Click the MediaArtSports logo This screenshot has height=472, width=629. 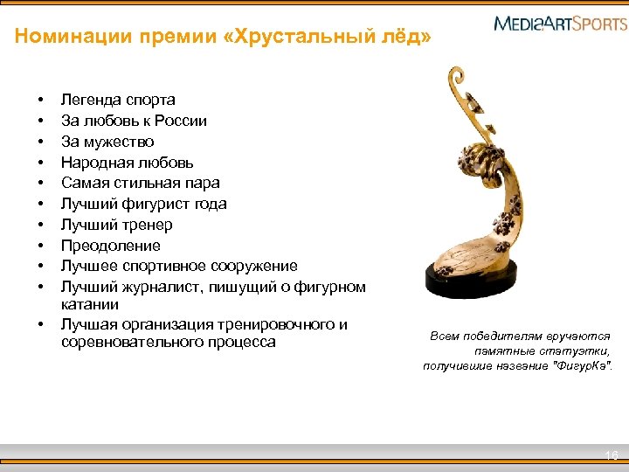point(560,23)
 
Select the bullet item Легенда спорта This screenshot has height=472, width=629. point(118,100)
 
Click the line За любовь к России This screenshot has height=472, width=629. point(134,121)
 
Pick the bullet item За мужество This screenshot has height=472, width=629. point(107,142)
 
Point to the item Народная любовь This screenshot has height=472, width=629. point(128,163)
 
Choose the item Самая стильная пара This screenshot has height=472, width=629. point(140,183)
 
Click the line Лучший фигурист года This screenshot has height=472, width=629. point(143,204)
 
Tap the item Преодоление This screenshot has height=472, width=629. point(111,246)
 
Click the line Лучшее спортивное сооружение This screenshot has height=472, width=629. point(179,266)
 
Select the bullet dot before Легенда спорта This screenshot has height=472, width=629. point(40,100)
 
